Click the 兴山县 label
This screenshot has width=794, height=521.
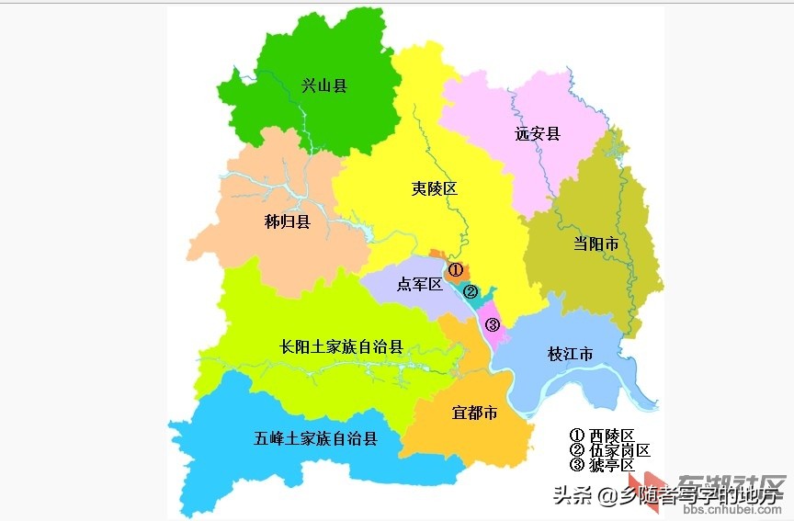click(324, 86)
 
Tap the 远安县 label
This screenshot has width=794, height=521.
click(538, 134)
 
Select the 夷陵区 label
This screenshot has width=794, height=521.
click(434, 189)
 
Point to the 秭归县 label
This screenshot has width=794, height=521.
click(287, 221)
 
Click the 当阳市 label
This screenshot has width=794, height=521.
click(596, 244)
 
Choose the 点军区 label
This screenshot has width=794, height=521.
click(419, 285)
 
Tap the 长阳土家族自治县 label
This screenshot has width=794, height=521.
click(341, 347)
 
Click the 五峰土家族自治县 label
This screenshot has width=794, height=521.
click(315, 439)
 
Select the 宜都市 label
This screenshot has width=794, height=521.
click(475, 413)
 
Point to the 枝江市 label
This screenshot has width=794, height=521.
click(570, 355)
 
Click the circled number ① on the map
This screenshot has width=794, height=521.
click(455, 268)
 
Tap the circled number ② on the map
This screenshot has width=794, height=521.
click(471, 292)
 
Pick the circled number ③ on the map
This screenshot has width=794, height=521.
click(493, 324)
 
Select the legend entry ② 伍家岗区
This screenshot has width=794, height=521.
click(609, 450)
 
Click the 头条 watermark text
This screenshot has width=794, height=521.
click(572, 495)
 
